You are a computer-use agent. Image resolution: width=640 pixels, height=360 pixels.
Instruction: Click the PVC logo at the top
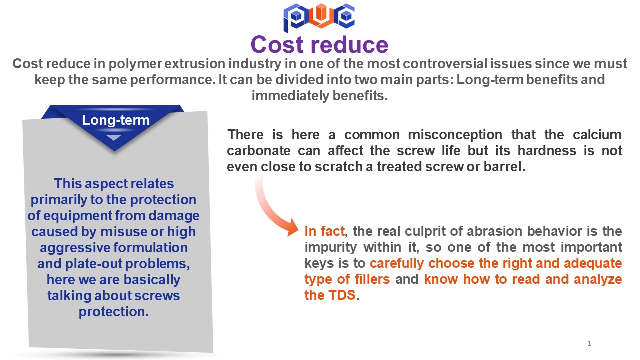point(319,17)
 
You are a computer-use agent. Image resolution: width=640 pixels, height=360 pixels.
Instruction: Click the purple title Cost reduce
point(319,45)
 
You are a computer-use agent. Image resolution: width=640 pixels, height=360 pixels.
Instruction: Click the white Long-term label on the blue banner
point(116,120)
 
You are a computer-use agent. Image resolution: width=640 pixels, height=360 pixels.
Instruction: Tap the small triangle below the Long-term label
point(114,138)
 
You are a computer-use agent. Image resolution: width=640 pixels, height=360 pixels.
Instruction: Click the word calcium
point(597,135)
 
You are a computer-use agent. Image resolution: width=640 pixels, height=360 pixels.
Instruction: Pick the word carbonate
point(259,151)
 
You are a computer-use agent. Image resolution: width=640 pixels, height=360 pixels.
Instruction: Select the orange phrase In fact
point(324,231)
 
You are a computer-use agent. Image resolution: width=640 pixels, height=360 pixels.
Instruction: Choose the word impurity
point(331,247)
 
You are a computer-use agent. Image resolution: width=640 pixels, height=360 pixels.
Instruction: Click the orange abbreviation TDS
point(342,295)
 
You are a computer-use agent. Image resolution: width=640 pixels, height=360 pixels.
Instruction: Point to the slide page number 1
point(589,343)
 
